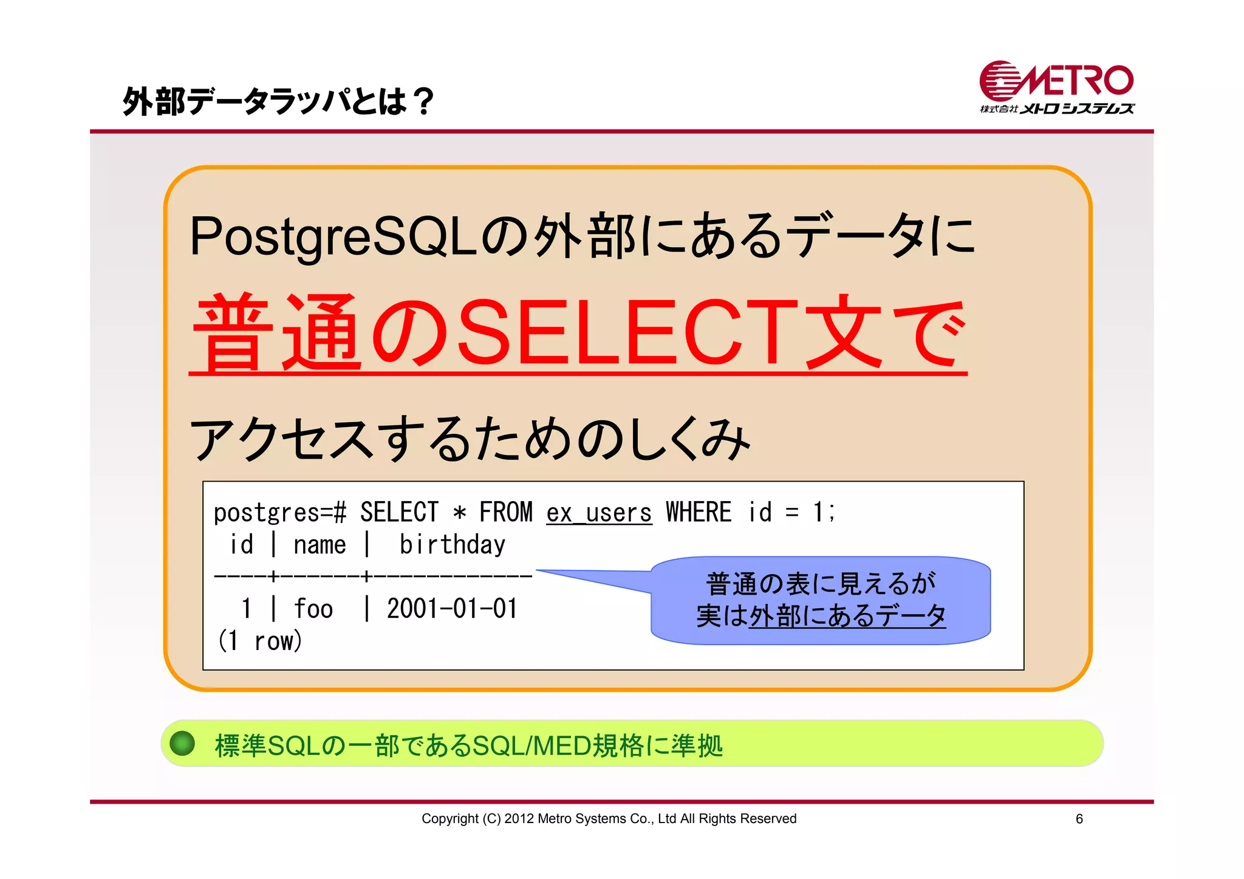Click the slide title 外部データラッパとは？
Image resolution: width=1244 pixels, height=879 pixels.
click(x=279, y=101)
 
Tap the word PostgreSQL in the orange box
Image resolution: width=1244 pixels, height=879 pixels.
click(x=333, y=236)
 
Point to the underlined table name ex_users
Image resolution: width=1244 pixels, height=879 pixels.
click(x=598, y=513)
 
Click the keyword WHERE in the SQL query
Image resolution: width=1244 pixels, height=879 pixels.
click(x=698, y=512)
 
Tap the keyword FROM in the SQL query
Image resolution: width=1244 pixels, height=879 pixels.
click(x=505, y=512)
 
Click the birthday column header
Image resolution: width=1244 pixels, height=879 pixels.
click(x=452, y=545)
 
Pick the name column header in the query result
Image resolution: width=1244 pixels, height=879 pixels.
click(x=320, y=545)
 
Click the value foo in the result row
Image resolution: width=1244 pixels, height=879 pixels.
click(x=313, y=609)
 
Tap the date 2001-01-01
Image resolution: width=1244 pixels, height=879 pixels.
click(x=452, y=609)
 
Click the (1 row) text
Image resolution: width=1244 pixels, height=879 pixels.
click(x=260, y=641)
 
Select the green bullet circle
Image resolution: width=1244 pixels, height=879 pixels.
click(x=182, y=744)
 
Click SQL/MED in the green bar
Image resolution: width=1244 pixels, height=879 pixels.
click(x=531, y=745)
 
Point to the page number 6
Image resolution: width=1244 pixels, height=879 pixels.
click(x=1079, y=819)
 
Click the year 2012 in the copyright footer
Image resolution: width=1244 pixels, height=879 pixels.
click(x=518, y=819)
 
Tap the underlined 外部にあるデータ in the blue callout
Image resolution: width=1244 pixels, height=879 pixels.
click(x=847, y=616)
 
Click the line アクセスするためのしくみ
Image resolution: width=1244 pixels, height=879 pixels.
click(x=470, y=439)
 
